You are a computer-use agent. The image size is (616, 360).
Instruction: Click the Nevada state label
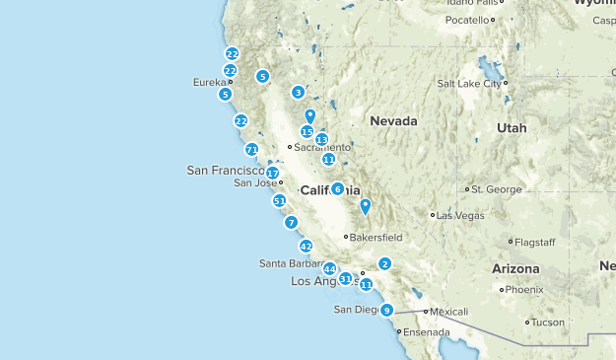[393, 120]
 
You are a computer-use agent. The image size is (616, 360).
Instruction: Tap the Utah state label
[512, 128]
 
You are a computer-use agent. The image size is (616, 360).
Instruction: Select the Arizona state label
[515, 268]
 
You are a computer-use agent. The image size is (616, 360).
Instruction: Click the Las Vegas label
[459, 215]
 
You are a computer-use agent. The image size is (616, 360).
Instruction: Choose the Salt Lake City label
[476, 84]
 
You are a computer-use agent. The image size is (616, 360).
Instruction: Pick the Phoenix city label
[526, 290]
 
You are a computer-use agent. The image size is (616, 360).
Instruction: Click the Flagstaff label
[537, 242]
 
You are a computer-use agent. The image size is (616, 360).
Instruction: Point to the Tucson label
[549, 323]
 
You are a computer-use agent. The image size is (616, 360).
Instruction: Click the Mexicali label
[448, 312]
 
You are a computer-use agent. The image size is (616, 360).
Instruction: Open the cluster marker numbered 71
[252, 150]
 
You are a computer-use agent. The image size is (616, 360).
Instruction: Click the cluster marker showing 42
[306, 247]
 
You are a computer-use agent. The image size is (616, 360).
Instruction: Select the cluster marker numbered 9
[387, 310]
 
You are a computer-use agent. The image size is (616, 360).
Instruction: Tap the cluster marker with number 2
[384, 263]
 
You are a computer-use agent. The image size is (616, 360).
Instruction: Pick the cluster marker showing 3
[298, 93]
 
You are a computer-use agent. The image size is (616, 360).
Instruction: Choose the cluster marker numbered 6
[337, 188]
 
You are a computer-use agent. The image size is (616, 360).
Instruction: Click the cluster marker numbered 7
[291, 223]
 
